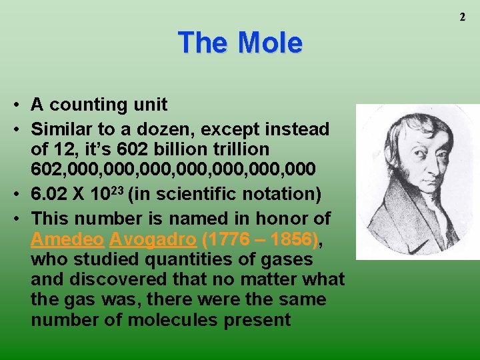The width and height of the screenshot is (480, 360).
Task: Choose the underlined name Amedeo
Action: [x=67, y=239]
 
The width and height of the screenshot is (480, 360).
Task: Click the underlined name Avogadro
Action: [x=153, y=239]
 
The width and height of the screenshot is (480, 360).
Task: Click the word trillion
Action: [x=247, y=149]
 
